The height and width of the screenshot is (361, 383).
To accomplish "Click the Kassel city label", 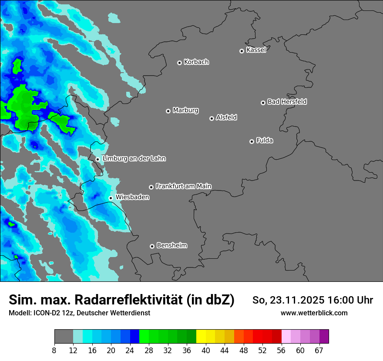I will (x=256, y=50).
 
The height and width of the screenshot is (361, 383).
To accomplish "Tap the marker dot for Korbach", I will (x=179, y=63).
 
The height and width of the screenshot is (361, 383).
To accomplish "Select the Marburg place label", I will (x=185, y=110).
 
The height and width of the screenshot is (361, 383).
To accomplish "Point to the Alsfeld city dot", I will (x=212, y=118).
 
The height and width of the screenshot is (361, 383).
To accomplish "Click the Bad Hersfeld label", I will (x=287, y=102).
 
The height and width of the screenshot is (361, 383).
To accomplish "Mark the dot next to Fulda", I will (x=252, y=141).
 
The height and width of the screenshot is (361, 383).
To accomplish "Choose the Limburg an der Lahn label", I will (x=134, y=159).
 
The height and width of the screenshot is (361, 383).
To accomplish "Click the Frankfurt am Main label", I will (x=183, y=186).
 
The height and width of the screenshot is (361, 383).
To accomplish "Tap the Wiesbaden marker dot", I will (x=111, y=198).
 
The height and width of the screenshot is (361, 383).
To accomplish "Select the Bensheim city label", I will (x=171, y=245).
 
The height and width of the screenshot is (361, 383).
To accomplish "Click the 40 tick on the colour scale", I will (x=205, y=350).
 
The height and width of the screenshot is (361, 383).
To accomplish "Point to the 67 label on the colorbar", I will (x=319, y=350).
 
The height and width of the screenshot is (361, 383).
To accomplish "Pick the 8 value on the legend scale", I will (x=54, y=350).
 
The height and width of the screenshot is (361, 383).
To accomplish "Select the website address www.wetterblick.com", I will (x=314, y=313).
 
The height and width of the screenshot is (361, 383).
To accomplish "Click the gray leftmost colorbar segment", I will (x=64, y=336).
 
